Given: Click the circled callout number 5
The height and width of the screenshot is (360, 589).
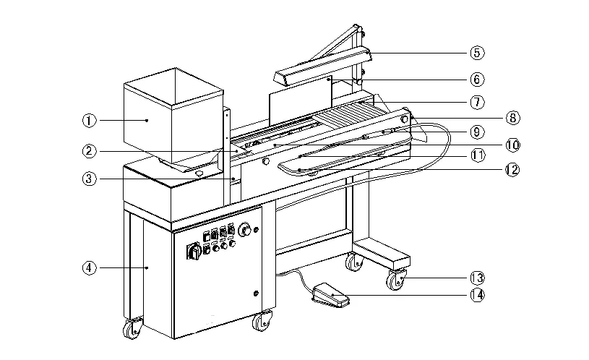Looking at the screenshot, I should point(476,52).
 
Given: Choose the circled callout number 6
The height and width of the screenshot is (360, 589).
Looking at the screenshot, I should point(476,78).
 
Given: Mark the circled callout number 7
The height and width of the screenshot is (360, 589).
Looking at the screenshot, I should point(476,102).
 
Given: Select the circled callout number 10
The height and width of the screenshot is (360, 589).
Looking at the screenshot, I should point(512,145).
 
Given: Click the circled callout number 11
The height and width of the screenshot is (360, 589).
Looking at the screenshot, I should point(476,155).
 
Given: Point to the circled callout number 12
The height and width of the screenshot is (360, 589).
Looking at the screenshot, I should point(512,171).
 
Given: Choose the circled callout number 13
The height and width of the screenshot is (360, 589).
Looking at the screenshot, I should point(476,278).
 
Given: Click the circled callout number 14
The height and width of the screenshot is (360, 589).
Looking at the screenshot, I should point(476,294).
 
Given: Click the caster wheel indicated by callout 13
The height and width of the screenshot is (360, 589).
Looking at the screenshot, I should point(396,280).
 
